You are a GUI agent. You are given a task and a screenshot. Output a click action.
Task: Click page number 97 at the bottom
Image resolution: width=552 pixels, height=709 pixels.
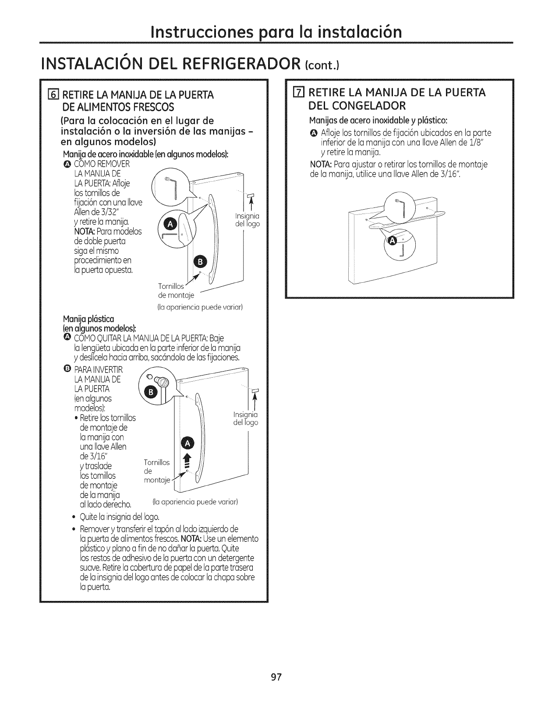(x=276, y=677)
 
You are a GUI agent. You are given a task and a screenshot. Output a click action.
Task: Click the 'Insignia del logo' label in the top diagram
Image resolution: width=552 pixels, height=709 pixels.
(x=248, y=220)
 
